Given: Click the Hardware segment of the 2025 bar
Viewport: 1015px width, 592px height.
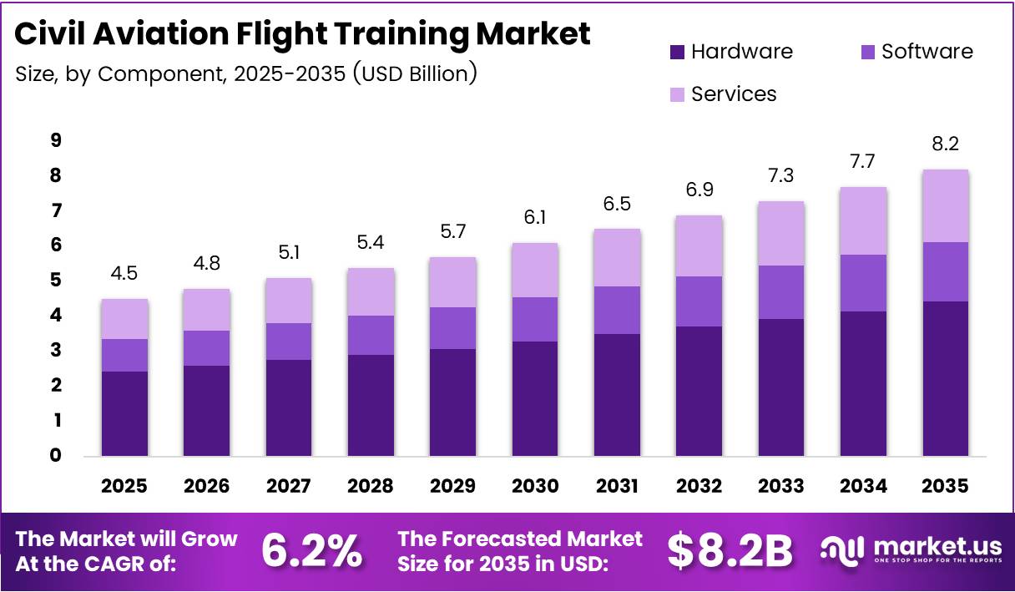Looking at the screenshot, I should point(124,413).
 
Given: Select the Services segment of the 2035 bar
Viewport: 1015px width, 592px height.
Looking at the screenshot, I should point(946,205).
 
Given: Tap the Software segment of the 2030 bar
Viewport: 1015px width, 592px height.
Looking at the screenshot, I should point(535,319).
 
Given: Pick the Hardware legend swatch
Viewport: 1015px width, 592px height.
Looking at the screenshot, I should point(678,52).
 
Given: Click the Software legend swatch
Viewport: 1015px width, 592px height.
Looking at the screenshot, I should point(867,52).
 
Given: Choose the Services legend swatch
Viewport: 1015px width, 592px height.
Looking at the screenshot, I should point(678,94).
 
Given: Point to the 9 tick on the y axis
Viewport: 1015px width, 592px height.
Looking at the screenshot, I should point(55,140).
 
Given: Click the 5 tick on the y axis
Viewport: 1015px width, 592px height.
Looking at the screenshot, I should point(55,281).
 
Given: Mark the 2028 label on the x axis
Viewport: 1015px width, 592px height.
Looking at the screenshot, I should point(371,485).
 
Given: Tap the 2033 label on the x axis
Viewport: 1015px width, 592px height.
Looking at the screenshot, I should point(781,485).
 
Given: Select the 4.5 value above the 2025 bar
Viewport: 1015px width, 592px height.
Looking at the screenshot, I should point(124,272).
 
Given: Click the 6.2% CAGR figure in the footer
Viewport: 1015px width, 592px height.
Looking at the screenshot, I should point(311,550).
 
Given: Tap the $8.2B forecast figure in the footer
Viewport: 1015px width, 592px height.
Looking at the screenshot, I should point(730,550).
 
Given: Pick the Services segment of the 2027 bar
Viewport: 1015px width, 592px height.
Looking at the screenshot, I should point(289,301).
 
